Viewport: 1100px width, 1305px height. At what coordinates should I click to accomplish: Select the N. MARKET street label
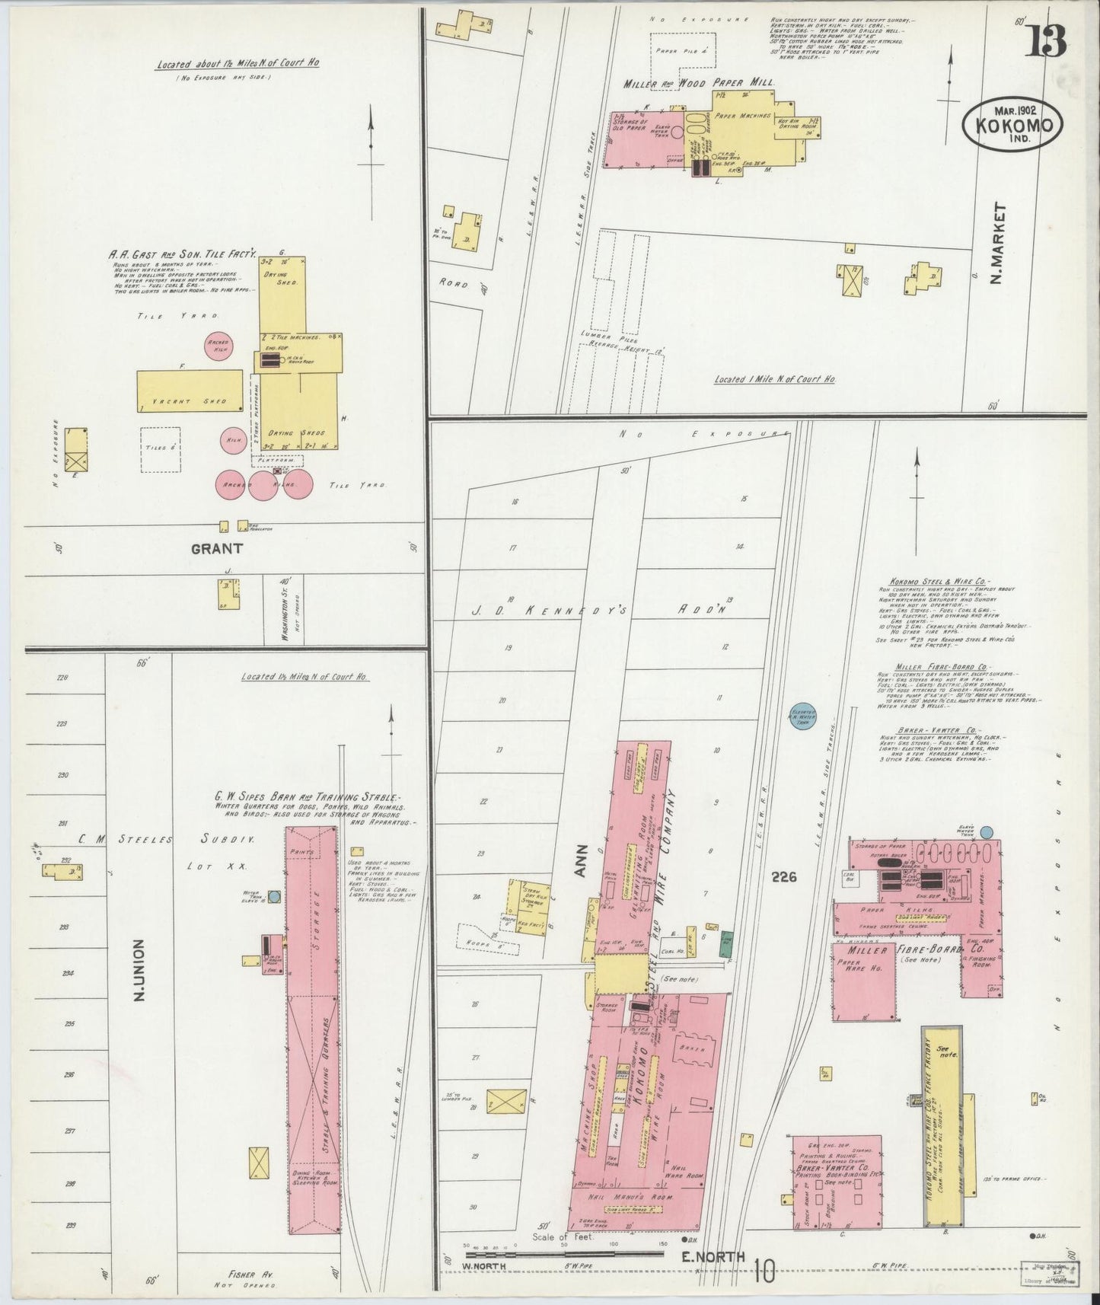(x=999, y=244)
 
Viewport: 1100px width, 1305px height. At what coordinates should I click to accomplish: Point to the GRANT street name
(x=217, y=548)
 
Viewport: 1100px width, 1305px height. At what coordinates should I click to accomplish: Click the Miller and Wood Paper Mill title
(x=698, y=83)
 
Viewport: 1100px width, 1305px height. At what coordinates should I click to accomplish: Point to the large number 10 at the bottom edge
(x=766, y=1268)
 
